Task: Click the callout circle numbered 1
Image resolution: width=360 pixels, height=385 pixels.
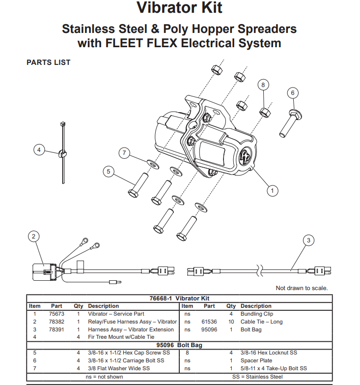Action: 272,191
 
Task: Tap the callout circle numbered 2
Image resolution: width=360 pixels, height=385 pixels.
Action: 33,237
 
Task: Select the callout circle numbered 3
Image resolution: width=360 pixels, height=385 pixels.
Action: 308,240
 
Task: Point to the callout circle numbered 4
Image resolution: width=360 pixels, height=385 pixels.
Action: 39,150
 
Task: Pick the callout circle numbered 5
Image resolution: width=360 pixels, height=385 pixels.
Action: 109,172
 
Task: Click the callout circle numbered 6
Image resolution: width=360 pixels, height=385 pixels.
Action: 293,93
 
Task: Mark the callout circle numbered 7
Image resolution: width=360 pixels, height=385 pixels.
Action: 124,153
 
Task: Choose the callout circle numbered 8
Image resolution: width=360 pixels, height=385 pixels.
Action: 263,85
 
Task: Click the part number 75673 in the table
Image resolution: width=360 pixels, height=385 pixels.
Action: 56,314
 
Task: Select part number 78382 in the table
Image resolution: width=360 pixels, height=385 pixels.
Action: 56,322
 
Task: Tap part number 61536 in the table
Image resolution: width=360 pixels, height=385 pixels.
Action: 209,322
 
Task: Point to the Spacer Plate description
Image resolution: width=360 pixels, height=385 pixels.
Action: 256,360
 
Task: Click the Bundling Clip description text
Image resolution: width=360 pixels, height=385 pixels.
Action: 257,314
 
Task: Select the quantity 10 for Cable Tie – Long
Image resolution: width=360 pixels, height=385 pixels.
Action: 231,322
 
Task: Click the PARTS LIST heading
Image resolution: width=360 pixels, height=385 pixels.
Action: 48,62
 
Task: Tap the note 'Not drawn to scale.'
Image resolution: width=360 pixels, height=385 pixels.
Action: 302,288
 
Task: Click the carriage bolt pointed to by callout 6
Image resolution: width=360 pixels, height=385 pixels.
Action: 291,123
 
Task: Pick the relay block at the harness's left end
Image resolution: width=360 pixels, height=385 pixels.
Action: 44,272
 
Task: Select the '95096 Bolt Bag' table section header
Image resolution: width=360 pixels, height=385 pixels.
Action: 179,345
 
